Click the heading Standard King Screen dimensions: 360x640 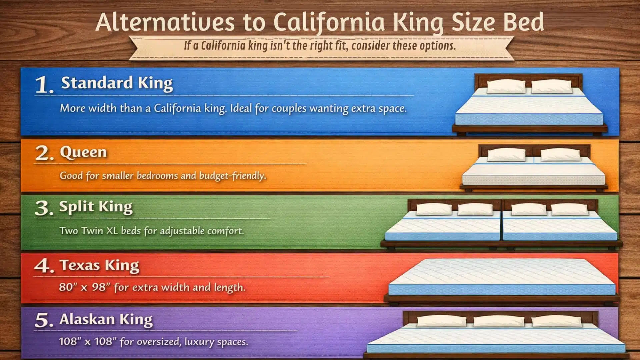pyautogui.click(x=117, y=83)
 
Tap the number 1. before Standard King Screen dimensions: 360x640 pyautogui.click(x=44, y=85)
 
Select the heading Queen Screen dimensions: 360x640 pyautogui.click(x=83, y=152)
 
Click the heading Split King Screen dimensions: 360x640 pyautogui.click(x=96, y=207)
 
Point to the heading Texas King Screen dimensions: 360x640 pyautogui.click(x=99, y=266)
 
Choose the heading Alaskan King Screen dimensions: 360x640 pyautogui.click(x=106, y=320)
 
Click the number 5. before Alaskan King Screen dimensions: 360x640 pyautogui.click(x=44, y=320)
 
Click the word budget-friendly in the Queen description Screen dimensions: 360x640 pyautogui.click(x=232, y=176)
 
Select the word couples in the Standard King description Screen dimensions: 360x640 pyautogui.click(x=289, y=109)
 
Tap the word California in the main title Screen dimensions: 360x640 pyautogui.click(x=329, y=22)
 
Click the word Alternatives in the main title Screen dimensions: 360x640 pyautogui.click(x=165, y=22)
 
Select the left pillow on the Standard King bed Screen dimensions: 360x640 pyautogui.click(x=506, y=87)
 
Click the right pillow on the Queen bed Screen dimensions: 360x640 pyautogui.click(x=560, y=155)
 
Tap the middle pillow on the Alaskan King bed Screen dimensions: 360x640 pyautogui.click(x=499, y=321)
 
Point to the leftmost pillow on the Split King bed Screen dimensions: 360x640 pyautogui.click(x=434, y=209)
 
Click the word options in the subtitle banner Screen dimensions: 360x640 pyautogui.click(x=437, y=46)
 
